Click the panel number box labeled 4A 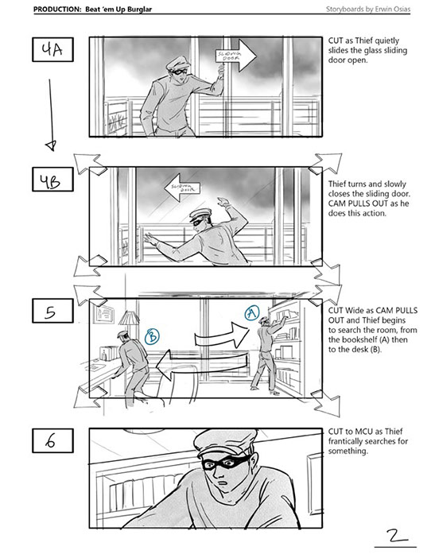(x=52, y=49)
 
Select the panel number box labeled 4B (x=52, y=180)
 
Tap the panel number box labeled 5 (x=52, y=311)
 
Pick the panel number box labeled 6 (x=52, y=440)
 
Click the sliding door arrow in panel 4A (x=235, y=55)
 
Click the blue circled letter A (x=251, y=313)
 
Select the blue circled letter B (x=152, y=336)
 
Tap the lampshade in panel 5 (x=129, y=318)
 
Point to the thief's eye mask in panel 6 (x=225, y=463)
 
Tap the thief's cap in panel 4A (x=180, y=64)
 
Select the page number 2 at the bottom (x=394, y=536)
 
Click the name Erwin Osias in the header (x=393, y=10)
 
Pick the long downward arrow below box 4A (x=51, y=114)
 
